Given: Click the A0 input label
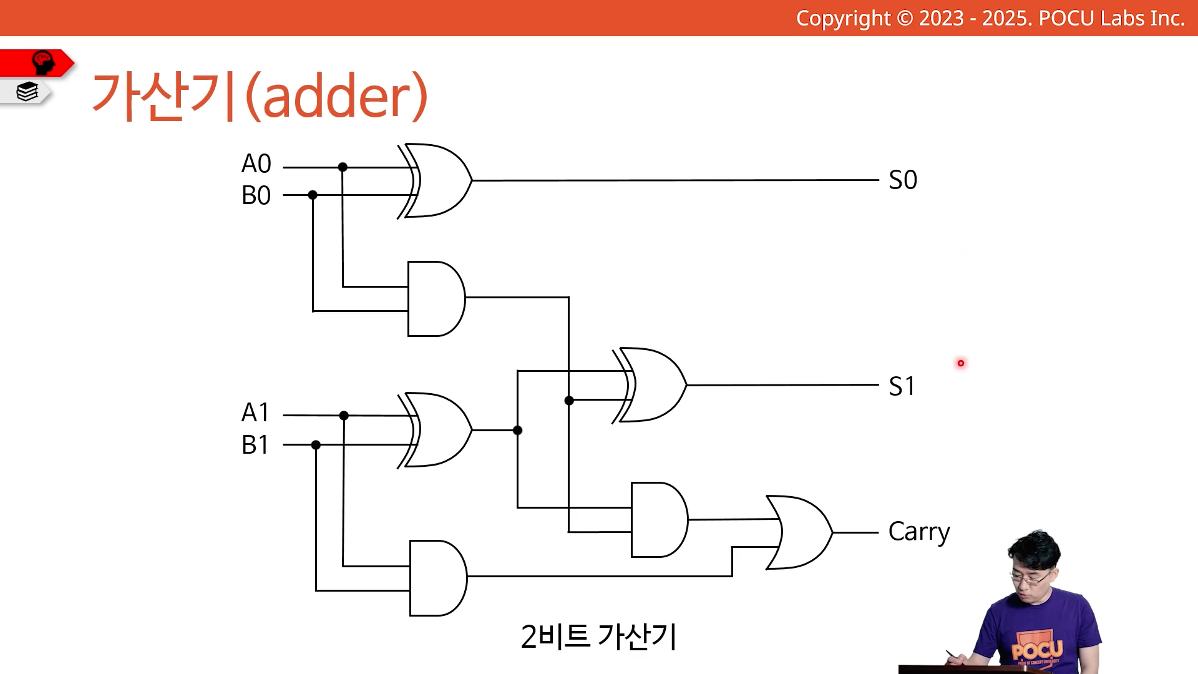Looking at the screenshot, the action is (x=256, y=164).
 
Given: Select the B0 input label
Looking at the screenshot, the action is (x=256, y=195).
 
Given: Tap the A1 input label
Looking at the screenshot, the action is (x=255, y=413).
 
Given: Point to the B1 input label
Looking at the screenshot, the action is (x=255, y=445).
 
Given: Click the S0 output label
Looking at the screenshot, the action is (x=903, y=180).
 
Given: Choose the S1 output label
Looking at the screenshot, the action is (x=902, y=386).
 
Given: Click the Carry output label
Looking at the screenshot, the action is (x=919, y=532).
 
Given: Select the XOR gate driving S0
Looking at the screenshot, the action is (x=434, y=181).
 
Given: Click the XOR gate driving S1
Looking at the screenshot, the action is (x=649, y=385).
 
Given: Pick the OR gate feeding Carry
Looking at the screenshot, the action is (x=799, y=532).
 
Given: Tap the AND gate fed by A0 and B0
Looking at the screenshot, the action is (x=436, y=299).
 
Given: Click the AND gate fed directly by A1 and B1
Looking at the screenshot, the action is (x=438, y=578).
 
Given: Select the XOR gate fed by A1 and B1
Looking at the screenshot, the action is (x=434, y=430).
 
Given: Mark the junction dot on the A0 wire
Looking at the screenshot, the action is (x=343, y=167).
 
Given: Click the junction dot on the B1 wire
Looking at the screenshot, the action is (x=316, y=445).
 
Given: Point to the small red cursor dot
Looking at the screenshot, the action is (x=961, y=363).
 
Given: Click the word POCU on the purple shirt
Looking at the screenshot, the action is (x=1037, y=650).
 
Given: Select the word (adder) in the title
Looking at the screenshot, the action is (x=337, y=95).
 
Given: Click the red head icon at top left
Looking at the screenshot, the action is (x=43, y=62).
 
